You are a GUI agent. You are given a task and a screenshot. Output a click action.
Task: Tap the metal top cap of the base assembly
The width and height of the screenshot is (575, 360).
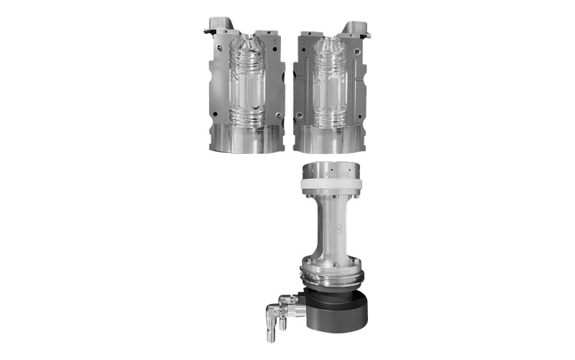(x=331, y=171)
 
